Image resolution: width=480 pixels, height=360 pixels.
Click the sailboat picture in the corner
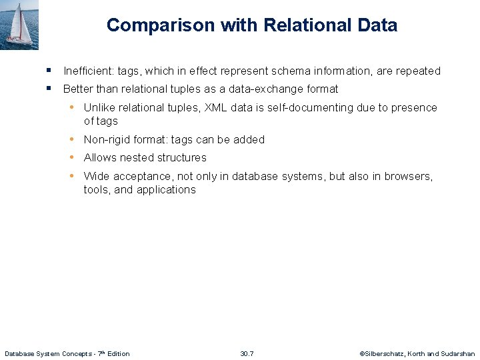point(19,25)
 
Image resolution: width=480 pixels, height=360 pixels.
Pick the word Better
point(78,89)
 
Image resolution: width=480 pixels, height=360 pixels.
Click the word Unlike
point(99,107)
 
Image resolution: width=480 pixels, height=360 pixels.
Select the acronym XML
point(216,107)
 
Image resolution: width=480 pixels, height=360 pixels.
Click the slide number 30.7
point(247,353)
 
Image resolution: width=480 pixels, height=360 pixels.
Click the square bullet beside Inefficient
point(49,70)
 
